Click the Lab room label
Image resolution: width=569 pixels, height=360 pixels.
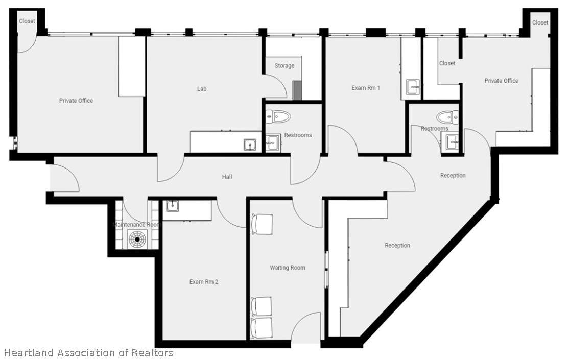point(202,88)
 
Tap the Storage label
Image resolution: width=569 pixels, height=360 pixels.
point(284,66)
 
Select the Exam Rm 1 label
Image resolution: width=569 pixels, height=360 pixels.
point(366,88)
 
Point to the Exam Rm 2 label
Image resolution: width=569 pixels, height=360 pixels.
point(204,281)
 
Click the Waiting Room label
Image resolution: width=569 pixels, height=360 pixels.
point(288,268)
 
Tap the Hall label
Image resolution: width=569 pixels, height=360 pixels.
point(227,177)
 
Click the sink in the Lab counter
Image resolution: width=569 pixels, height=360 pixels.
point(250,145)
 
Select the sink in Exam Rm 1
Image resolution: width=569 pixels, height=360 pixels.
point(413,87)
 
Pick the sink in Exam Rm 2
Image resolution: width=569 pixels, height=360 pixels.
point(173,206)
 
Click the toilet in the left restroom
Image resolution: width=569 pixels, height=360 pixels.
point(279,116)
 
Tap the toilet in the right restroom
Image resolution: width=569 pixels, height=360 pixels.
point(447,117)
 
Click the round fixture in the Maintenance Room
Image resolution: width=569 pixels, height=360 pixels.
point(137,239)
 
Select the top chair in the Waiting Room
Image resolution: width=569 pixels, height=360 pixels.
point(262,224)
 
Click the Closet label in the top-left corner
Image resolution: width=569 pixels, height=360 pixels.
point(27,21)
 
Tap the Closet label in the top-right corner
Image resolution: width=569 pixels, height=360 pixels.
point(540,22)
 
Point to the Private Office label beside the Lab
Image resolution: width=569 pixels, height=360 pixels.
point(76,101)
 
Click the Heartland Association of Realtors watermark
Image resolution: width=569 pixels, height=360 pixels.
point(88,352)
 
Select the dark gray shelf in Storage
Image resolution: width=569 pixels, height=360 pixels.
point(297,90)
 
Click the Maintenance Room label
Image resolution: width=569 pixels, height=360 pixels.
point(136,225)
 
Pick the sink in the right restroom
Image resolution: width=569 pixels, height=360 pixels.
point(453,142)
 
